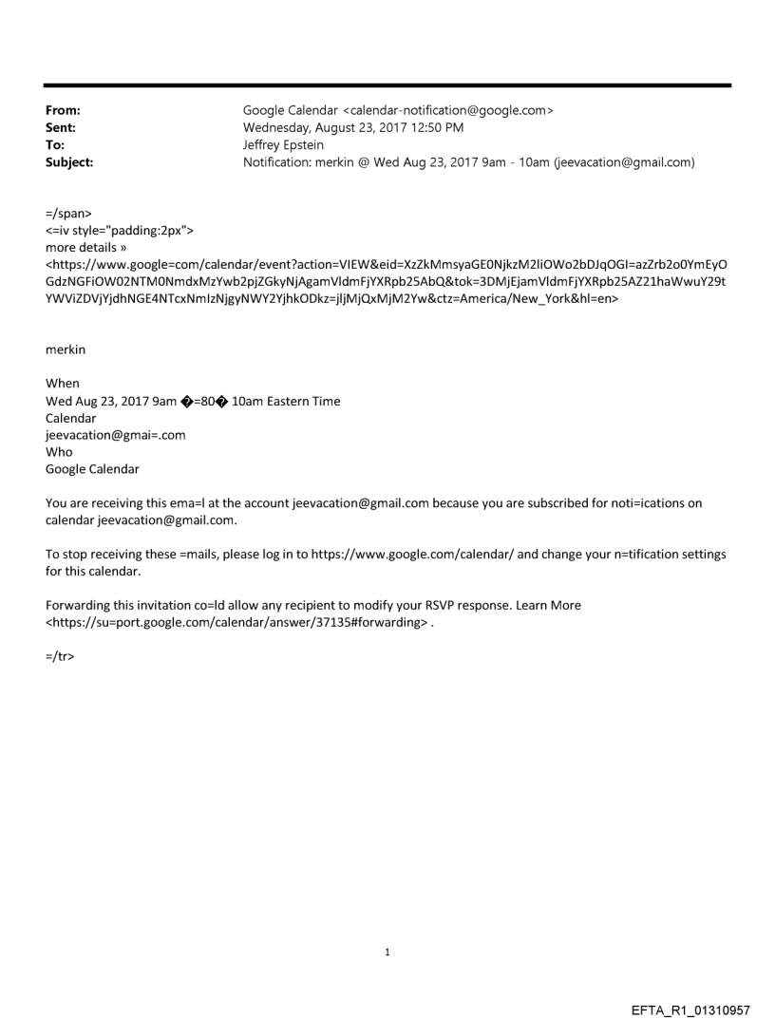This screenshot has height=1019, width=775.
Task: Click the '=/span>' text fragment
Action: pos(67,216)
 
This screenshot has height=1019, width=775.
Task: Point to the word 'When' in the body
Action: pos(63,384)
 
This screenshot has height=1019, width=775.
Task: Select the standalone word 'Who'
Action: pos(59,452)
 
